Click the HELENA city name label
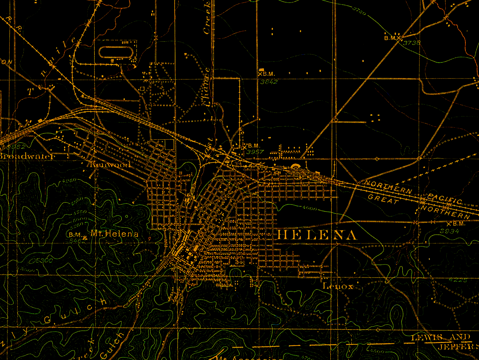point(317,235)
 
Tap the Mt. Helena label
point(115,233)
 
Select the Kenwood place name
point(110,165)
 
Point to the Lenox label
point(338,287)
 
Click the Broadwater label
point(27,156)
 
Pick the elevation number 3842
point(269,82)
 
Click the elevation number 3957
point(255,152)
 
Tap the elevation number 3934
point(449,231)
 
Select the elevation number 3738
point(412,43)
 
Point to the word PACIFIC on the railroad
point(445,199)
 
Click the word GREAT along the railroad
point(383,199)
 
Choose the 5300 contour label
point(42,260)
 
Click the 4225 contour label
point(458,280)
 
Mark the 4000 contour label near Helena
point(309,208)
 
